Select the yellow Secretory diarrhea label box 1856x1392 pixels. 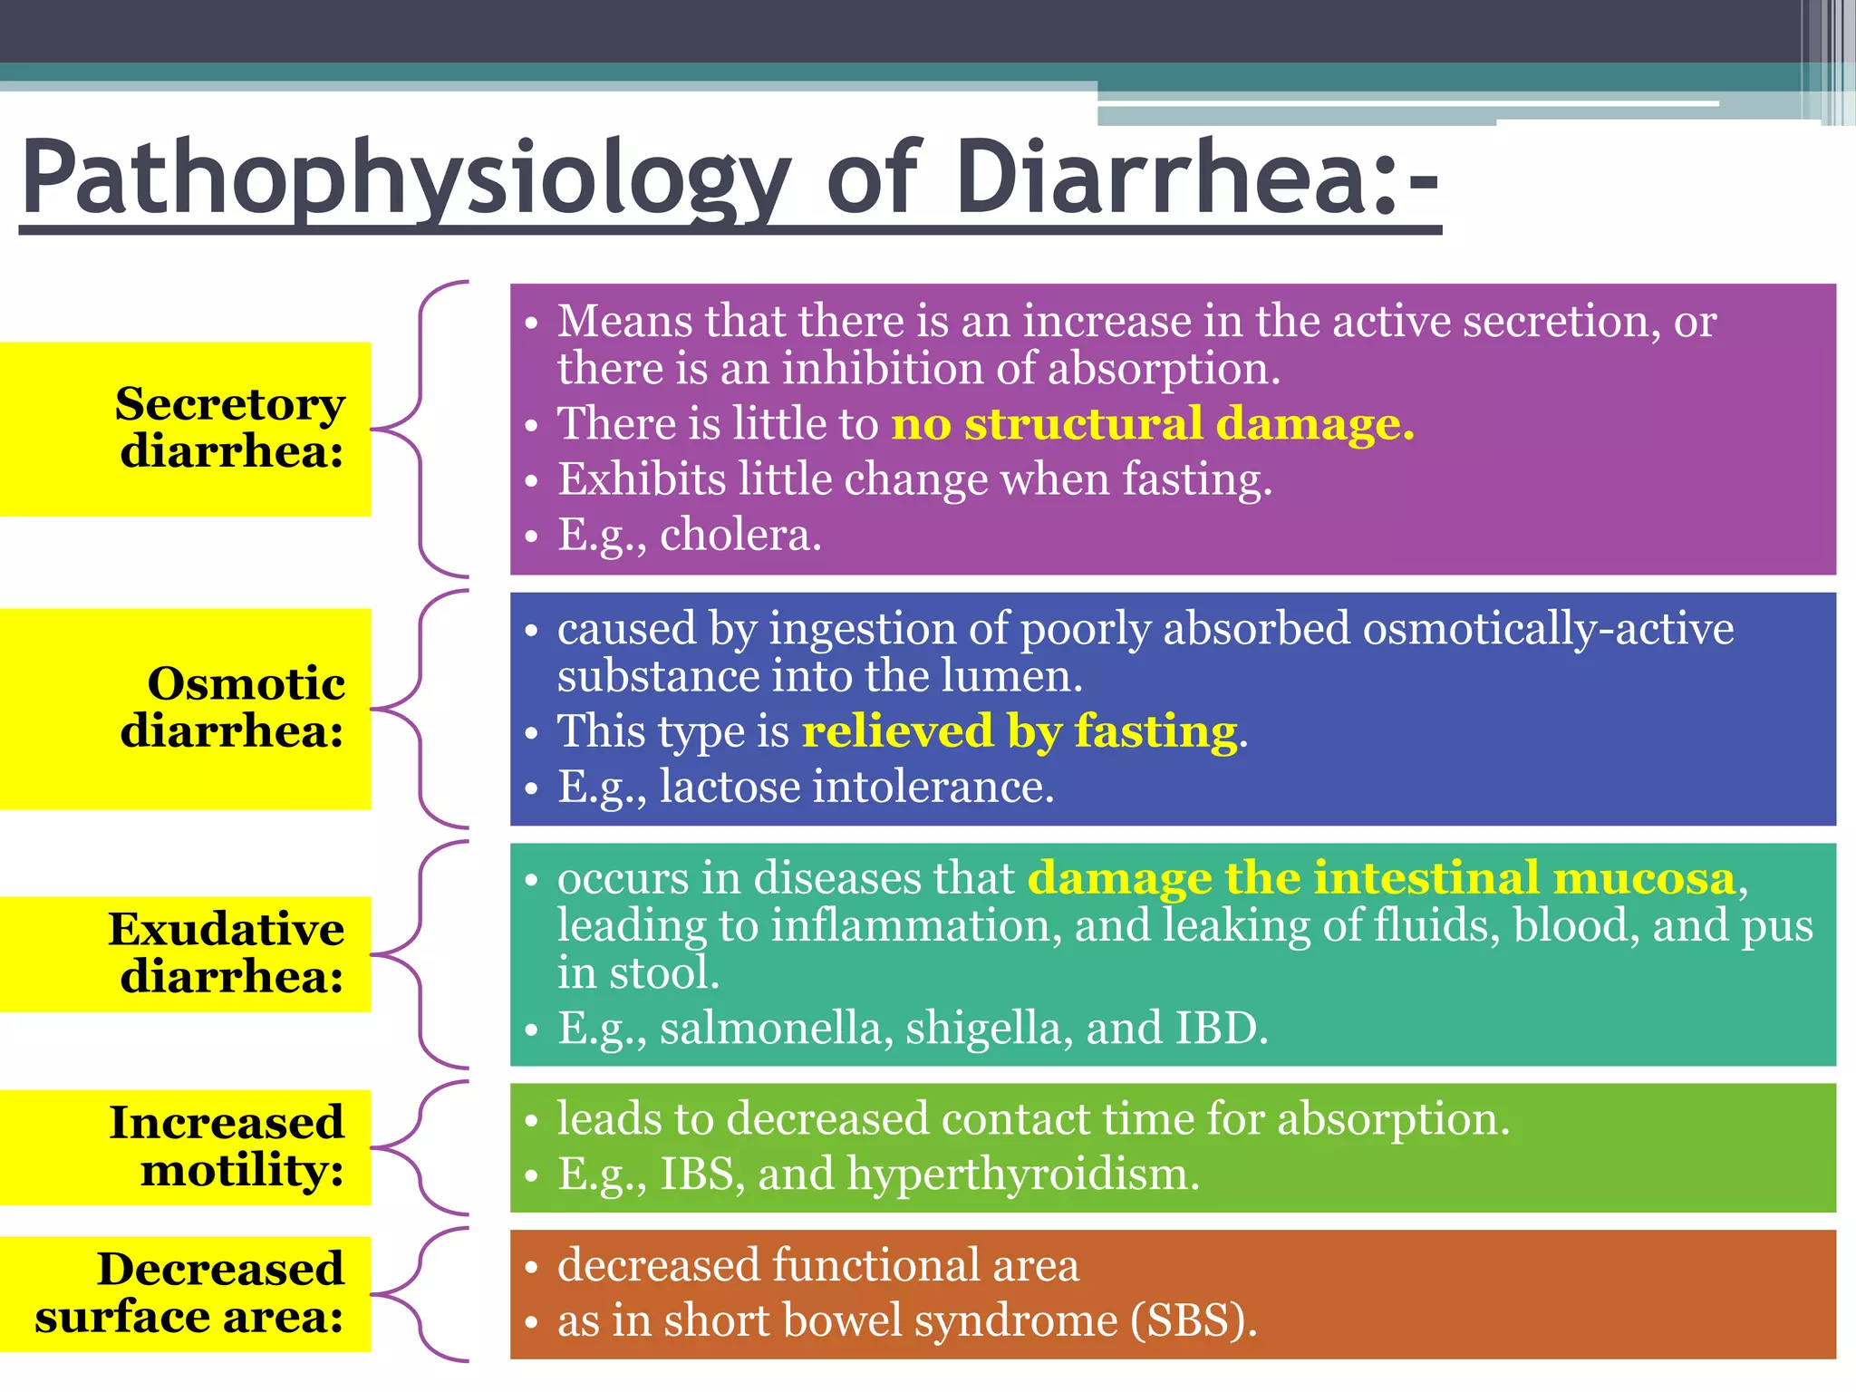tap(185, 429)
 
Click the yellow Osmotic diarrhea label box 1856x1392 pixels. tap(185, 708)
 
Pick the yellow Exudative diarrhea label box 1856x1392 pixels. tap(185, 953)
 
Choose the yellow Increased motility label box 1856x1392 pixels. tap(185, 1146)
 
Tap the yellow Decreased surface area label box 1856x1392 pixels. tap(185, 1293)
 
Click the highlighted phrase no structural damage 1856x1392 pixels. tap(1152, 424)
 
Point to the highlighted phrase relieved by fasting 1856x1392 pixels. tap(1020, 731)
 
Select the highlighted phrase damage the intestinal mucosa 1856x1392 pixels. tap(1381, 878)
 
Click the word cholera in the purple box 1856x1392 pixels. tap(739, 535)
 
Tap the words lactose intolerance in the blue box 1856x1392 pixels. tap(855, 787)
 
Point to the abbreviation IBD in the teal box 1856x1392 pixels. tap(1220, 1029)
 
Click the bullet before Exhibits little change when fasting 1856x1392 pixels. tap(532, 480)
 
